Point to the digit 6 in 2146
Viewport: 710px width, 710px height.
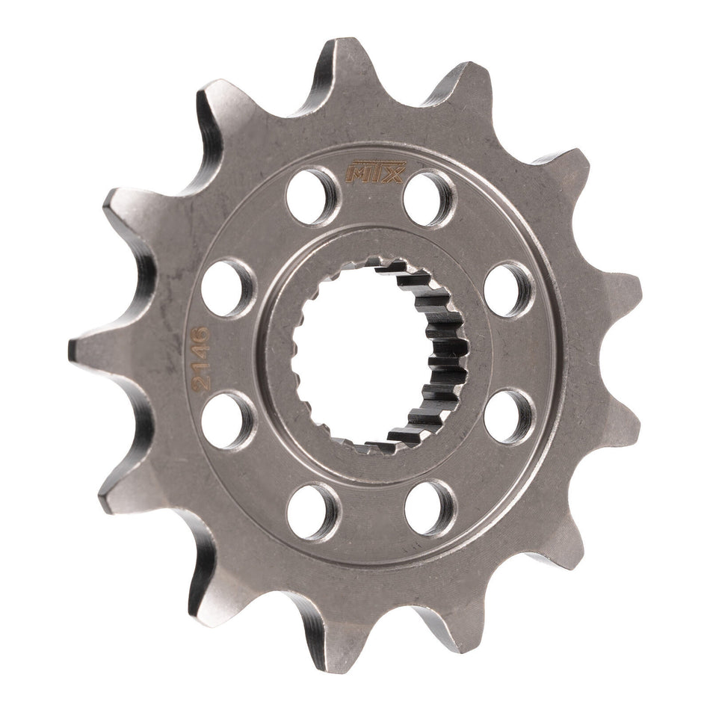[201, 330]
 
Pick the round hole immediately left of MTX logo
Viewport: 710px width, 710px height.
[312, 195]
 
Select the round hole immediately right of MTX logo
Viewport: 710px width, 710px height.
[429, 198]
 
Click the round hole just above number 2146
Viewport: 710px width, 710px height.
[228, 288]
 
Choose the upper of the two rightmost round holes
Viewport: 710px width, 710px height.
[509, 289]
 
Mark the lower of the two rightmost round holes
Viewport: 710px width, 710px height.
[509, 416]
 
